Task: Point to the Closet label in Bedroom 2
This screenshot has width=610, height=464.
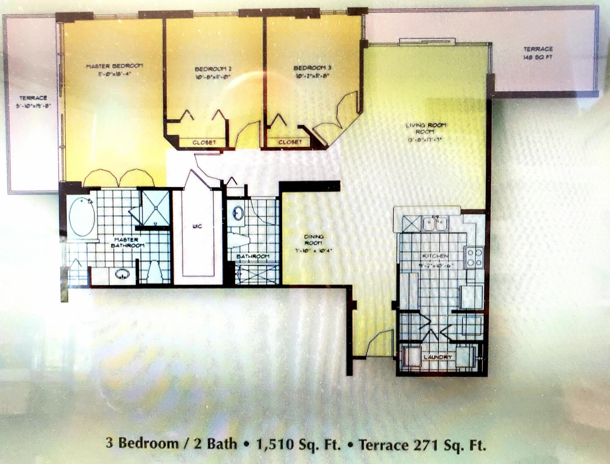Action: coord(204,143)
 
